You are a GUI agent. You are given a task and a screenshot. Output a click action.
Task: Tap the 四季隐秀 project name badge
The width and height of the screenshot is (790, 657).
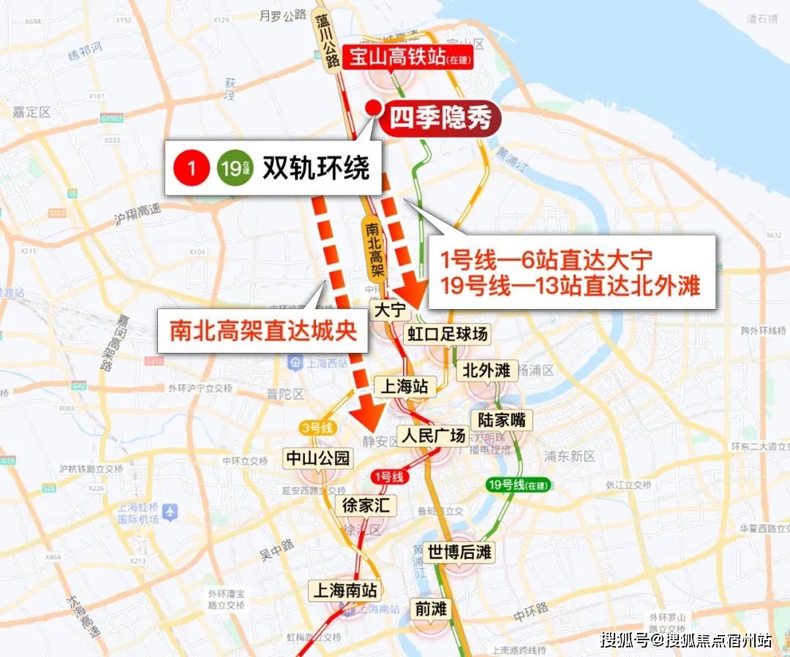click(440, 118)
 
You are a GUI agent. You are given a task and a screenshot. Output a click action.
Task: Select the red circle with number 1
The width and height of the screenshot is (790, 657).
click(192, 169)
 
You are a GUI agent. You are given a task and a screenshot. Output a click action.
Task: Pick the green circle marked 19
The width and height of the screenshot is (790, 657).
click(230, 169)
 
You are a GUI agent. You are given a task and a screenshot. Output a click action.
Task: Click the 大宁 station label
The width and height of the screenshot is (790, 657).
click(389, 310)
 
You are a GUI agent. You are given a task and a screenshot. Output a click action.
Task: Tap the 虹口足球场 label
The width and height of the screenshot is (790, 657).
click(447, 334)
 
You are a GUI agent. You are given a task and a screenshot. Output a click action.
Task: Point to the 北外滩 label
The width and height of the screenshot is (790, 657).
click(486, 370)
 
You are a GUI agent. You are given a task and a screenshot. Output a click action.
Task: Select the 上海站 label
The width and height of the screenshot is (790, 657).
click(401, 386)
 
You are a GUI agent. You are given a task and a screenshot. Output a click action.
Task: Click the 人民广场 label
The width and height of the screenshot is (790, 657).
click(433, 436)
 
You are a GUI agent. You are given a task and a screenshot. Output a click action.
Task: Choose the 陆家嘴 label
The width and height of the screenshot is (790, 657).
click(501, 419)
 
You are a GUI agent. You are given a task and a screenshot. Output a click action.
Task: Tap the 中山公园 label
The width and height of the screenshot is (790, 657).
click(317, 458)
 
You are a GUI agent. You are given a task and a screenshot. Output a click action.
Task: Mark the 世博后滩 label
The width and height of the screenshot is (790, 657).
click(459, 552)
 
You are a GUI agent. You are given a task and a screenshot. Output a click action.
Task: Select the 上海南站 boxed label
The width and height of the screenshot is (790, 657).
click(345, 589)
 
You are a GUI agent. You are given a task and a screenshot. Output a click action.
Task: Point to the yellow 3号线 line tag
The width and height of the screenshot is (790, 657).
click(317, 428)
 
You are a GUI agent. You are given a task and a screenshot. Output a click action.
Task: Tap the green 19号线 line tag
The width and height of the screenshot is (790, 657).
click(518, 484)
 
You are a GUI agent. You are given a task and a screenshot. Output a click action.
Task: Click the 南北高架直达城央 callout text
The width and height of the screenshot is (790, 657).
click(263, 330)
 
